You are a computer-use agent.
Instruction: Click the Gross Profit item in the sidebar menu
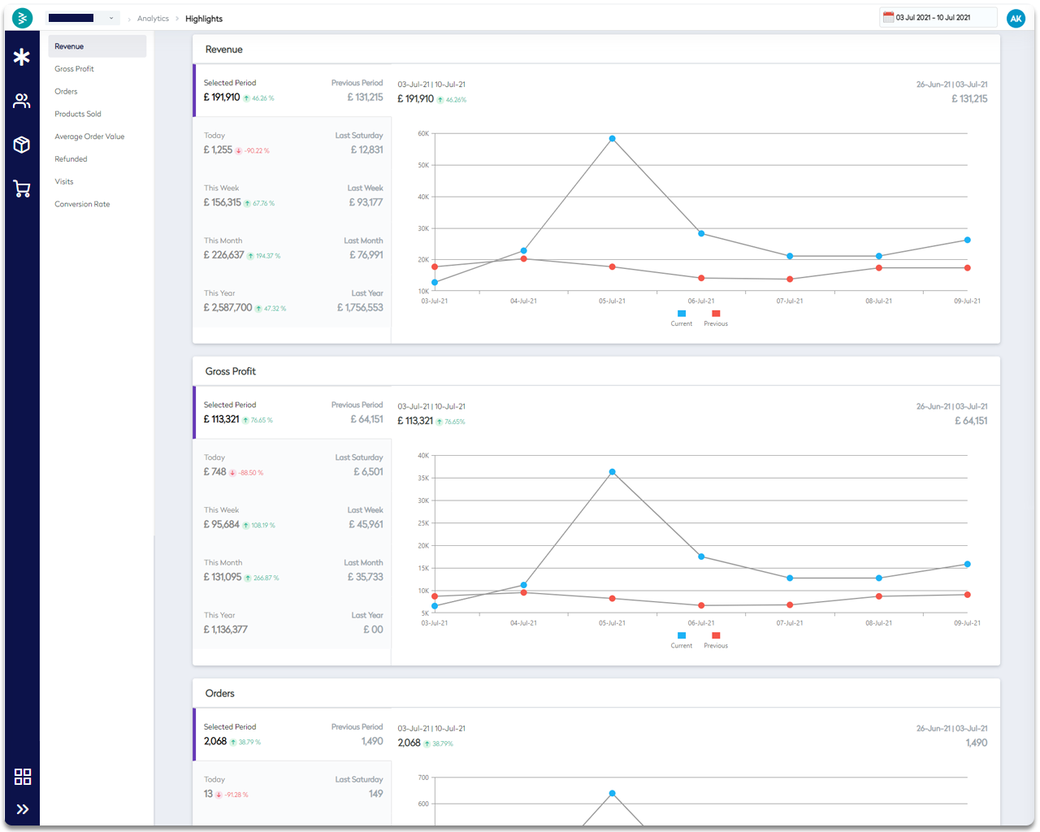(x=74, y=69)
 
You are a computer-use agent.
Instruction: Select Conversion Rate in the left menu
(x=82, y=204)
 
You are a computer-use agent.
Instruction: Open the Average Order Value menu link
(x=89, y=136)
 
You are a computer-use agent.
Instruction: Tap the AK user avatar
(x=1016, y=18)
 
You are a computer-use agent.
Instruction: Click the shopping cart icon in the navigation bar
(x=22, y=189)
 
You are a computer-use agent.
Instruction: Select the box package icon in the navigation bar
(x=22, y=145)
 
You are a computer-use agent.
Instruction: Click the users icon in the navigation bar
(x=22, y=101)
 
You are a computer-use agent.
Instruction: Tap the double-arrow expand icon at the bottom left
(x=23, y=809)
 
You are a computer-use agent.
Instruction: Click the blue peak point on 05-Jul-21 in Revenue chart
(x=612, y=139)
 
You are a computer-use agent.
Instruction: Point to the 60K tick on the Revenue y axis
(x=423, y=133)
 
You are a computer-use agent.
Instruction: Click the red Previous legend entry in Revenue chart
(x=716, y=318)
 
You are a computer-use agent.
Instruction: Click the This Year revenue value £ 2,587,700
(x=227, y=308)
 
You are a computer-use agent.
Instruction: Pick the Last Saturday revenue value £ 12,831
(x=366, y=149)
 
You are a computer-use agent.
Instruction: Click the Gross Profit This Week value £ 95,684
(x=221, y=525)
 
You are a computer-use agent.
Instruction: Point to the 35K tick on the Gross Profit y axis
(x=423, y=478)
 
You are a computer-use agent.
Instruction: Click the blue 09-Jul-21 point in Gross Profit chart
(x=967, y=564)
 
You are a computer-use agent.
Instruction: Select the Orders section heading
(x=219, y=693)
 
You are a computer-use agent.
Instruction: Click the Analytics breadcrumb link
(x=153, y=19)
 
